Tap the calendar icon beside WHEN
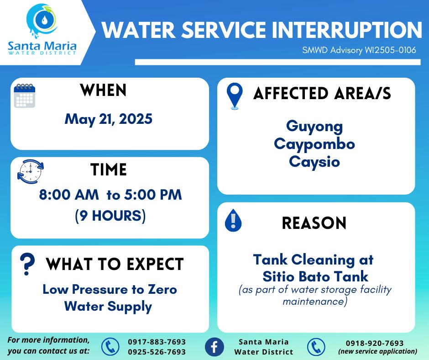[x=25, y=95]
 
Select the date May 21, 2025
[x=109, y=119]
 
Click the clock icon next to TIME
[x=31, y=171]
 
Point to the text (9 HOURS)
[x=110, y=216]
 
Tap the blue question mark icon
[x=27, y=264]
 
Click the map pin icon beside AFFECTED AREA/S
[x=235, y=96]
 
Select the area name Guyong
[x=314, y=127]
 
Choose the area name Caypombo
[x=314, y=144]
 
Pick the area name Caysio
[x=314, y=161]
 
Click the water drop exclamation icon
[x=233, y=220]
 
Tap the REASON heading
[x=314, y=223]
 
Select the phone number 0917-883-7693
[x=157, y=342]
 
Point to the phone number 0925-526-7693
[x=157, y=352]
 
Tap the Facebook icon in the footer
[x=214, y=347]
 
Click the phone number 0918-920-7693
[x=375, y=343]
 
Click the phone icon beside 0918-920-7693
[x=316, y=347]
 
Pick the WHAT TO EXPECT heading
[x=115, y=264]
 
